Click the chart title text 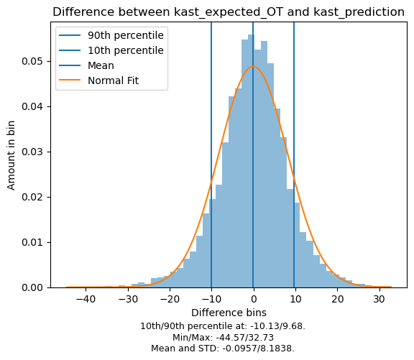(229, 12)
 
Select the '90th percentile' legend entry (111, 35)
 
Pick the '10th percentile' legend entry (111, 50)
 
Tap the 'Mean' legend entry (86, 65)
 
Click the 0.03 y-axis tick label (32, 152)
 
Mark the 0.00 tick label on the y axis (32, 287)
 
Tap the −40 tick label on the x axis (86, 300)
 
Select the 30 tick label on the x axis (379, 300)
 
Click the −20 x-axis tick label (170, 300)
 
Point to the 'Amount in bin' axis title (11, 155)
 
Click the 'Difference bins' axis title (229, 313)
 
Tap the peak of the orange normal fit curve (253, 66)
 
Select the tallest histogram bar (251, 161)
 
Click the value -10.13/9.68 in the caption (277, 326)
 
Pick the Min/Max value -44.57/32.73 (245, 337)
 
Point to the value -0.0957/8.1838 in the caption (258, 349)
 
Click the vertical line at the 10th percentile (211, 155)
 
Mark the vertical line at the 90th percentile (294, 155)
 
